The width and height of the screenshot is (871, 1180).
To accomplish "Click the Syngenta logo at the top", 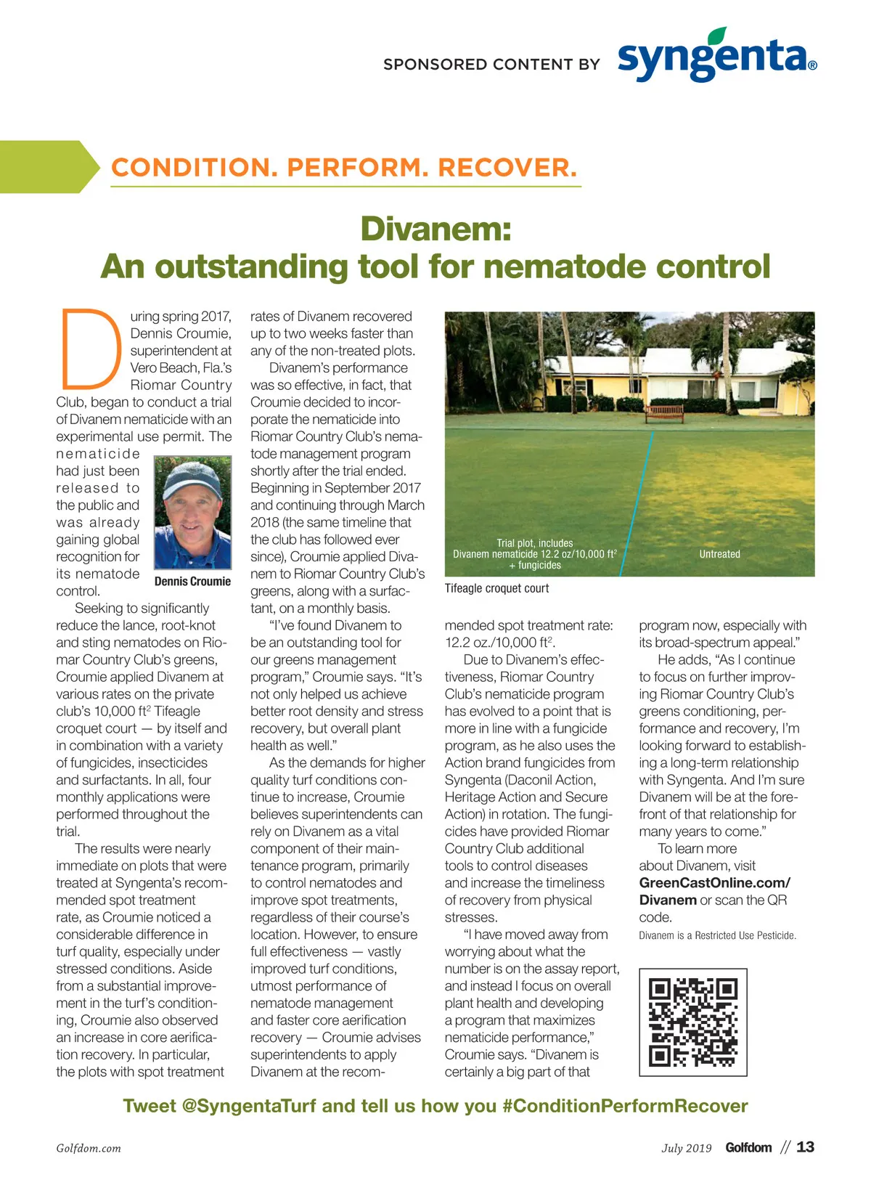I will (717, 57).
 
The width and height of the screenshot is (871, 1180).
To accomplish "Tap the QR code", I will (692, 1022).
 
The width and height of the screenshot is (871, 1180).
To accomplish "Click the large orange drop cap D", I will (90, 349).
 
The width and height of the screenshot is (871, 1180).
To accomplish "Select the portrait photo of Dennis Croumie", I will (192, 513).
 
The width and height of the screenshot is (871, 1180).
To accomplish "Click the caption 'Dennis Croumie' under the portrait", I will (192, 581).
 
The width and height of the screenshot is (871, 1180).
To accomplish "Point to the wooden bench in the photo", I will (663, 412).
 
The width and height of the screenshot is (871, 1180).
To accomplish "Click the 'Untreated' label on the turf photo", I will (719, 554).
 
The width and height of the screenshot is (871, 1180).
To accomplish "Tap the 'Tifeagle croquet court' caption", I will (496, 588).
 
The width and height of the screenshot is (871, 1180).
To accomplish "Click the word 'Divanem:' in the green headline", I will (435, 229).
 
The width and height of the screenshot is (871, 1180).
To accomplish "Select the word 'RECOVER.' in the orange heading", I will (507, 168).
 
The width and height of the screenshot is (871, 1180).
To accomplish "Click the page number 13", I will (805, 1147).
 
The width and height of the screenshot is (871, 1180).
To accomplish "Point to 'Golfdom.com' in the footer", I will (89, 1148).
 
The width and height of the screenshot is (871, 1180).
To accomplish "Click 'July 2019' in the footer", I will (686, 1148).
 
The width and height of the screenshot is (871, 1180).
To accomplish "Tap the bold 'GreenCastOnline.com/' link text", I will (714, 883).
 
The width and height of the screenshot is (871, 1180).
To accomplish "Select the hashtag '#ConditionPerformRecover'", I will (624, 1106).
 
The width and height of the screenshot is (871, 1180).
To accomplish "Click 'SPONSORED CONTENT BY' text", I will (491, 65).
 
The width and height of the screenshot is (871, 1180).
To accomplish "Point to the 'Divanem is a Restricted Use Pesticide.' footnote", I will (717, 935).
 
